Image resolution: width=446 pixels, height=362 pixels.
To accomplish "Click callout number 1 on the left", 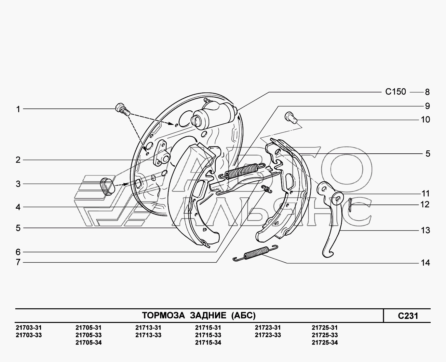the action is click(x=18, y=109).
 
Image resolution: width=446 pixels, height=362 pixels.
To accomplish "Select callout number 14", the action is click(x=425, y=263).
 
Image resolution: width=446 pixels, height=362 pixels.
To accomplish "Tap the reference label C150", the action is click(x=396, y=92).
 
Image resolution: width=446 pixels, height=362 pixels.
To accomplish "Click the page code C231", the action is click(x=408, y=316).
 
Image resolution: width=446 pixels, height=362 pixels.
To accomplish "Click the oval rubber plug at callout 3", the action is click(x=107, y=187).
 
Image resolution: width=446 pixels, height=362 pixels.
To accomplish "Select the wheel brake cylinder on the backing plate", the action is click(x=214, y=114).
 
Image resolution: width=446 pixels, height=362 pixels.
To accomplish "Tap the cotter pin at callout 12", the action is click(x=350, y=205).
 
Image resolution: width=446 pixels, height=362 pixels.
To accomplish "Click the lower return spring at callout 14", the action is click(x=255, y=253).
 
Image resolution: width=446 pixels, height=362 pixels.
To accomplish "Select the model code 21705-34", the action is click(x=88, y=342).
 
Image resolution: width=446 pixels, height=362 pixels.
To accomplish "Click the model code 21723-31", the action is click(x=268, y=327).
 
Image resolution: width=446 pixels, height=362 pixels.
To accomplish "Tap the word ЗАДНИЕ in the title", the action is click(x=208, y=315).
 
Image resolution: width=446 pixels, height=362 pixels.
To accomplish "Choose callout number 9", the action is click(x=427, y=106).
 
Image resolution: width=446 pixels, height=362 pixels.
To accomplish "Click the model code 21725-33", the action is click(x=325, y=335).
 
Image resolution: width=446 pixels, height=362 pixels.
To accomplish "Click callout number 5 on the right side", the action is click(x=428, y=154).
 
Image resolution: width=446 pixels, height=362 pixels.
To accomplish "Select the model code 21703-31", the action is click(x=29, y=327).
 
